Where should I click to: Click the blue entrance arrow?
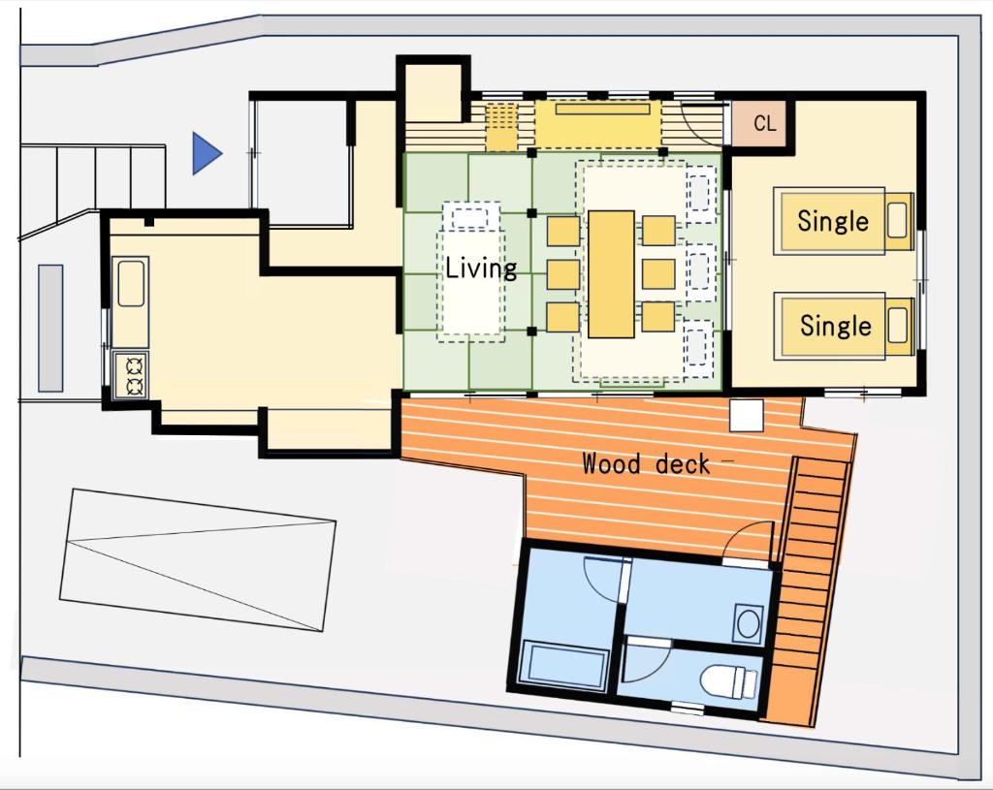[x=207, y=153]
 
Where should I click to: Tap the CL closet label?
[x=764, y=123]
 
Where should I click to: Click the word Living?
[x=481, y=269]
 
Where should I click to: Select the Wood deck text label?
[x=646, y=463]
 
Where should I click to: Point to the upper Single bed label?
[x=833, y=221]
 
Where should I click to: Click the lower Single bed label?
[x=835, y=326]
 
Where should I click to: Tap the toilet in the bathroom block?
[x=729, y=681]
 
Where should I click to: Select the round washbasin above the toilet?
[x=749, y=623]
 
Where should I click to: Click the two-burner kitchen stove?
[x=131, y=375]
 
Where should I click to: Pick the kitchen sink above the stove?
[x=131, y=284]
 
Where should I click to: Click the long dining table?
[x=611, y=274]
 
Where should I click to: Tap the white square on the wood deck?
[x=747, y=415]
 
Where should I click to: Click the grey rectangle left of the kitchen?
[x=50, y=328]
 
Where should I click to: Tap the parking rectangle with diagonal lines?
[x=198, y=559]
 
